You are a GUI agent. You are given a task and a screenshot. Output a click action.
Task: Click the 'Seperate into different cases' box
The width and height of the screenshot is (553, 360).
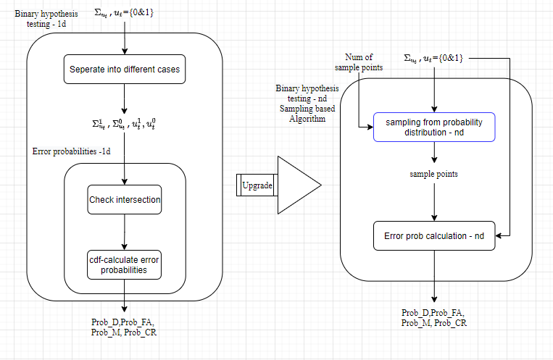(125, 70)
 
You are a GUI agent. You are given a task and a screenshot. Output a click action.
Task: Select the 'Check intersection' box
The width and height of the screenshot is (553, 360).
(125, 199)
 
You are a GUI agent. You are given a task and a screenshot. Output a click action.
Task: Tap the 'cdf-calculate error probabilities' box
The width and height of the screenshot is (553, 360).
(125, 264)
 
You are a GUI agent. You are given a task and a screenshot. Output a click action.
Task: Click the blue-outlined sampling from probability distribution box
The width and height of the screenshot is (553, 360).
(433, 127)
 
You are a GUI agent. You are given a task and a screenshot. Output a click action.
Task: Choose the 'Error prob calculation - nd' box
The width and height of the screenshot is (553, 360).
(433, 236)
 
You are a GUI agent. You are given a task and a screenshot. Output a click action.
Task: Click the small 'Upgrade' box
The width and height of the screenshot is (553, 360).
(257, 185)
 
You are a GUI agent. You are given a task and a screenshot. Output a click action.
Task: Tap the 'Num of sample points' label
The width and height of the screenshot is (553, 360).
(358, 62)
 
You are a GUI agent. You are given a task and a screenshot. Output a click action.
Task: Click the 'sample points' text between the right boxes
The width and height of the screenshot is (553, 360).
(434, 175)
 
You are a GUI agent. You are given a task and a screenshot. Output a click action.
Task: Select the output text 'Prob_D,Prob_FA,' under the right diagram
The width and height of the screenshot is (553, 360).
(434, 313)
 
